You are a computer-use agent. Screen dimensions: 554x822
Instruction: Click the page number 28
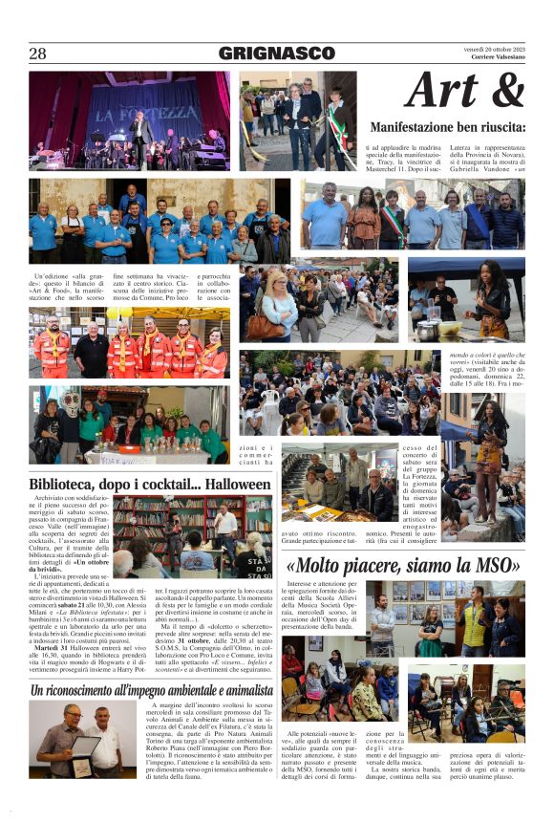tap(37, 54)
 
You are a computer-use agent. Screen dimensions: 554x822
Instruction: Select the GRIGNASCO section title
tap(276, 54)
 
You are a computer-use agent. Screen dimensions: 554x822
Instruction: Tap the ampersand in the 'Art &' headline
tap(503, 91)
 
